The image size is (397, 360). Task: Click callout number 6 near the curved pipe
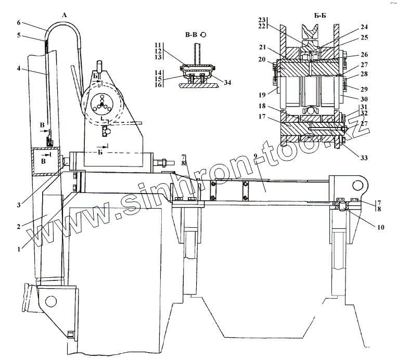point(19,23)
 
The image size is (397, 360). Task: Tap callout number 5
point(19,35)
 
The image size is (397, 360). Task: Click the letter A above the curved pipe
point(65,16)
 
